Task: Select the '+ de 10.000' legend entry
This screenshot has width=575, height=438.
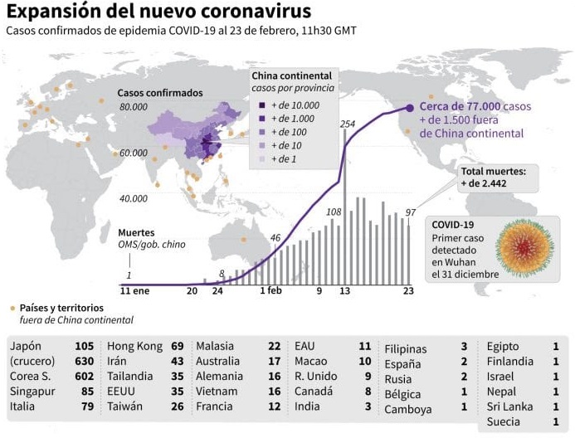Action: [288, 105]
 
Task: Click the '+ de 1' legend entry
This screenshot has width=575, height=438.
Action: [283, 158]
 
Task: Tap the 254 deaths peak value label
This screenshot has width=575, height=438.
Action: [348, 124]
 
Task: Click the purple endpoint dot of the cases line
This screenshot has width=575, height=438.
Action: [410, 107]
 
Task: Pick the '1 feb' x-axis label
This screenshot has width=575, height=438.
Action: [270, 291]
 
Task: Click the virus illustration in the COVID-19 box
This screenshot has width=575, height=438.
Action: [524, 248]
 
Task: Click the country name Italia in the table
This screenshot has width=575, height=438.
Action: [22, 407]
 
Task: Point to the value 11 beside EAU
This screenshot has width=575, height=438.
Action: [364, 346]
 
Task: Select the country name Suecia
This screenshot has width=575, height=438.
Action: [504, 422]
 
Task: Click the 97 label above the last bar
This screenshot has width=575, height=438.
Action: [410, 213]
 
